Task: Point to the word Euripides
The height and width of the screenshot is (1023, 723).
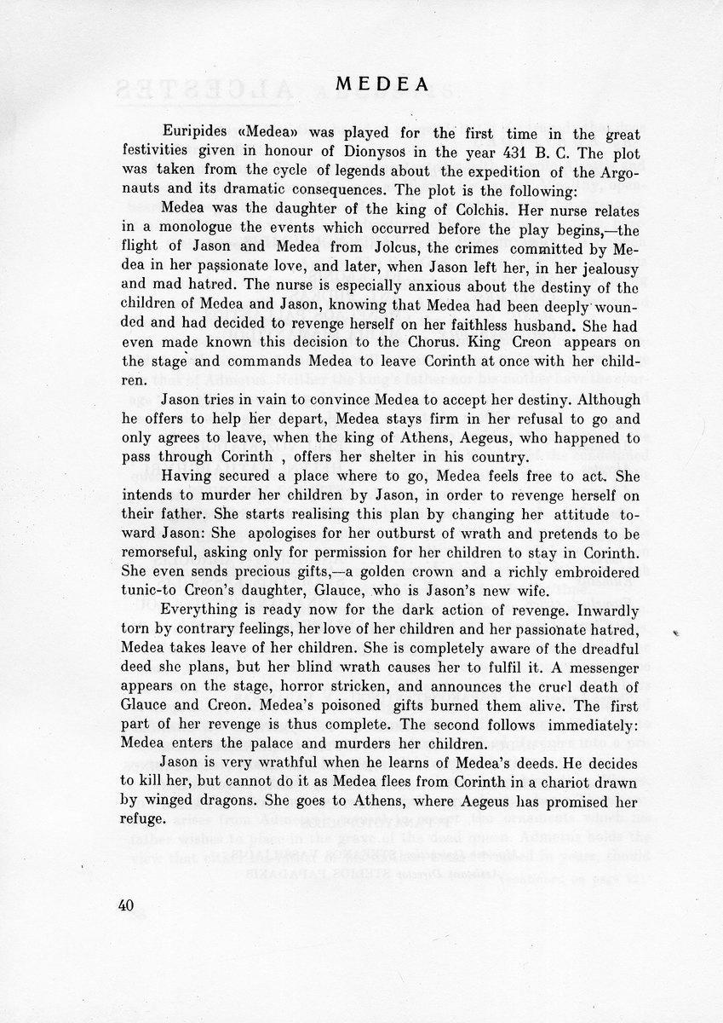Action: [x=193, y=134]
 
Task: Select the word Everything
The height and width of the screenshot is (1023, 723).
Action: [x=202, y=614]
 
